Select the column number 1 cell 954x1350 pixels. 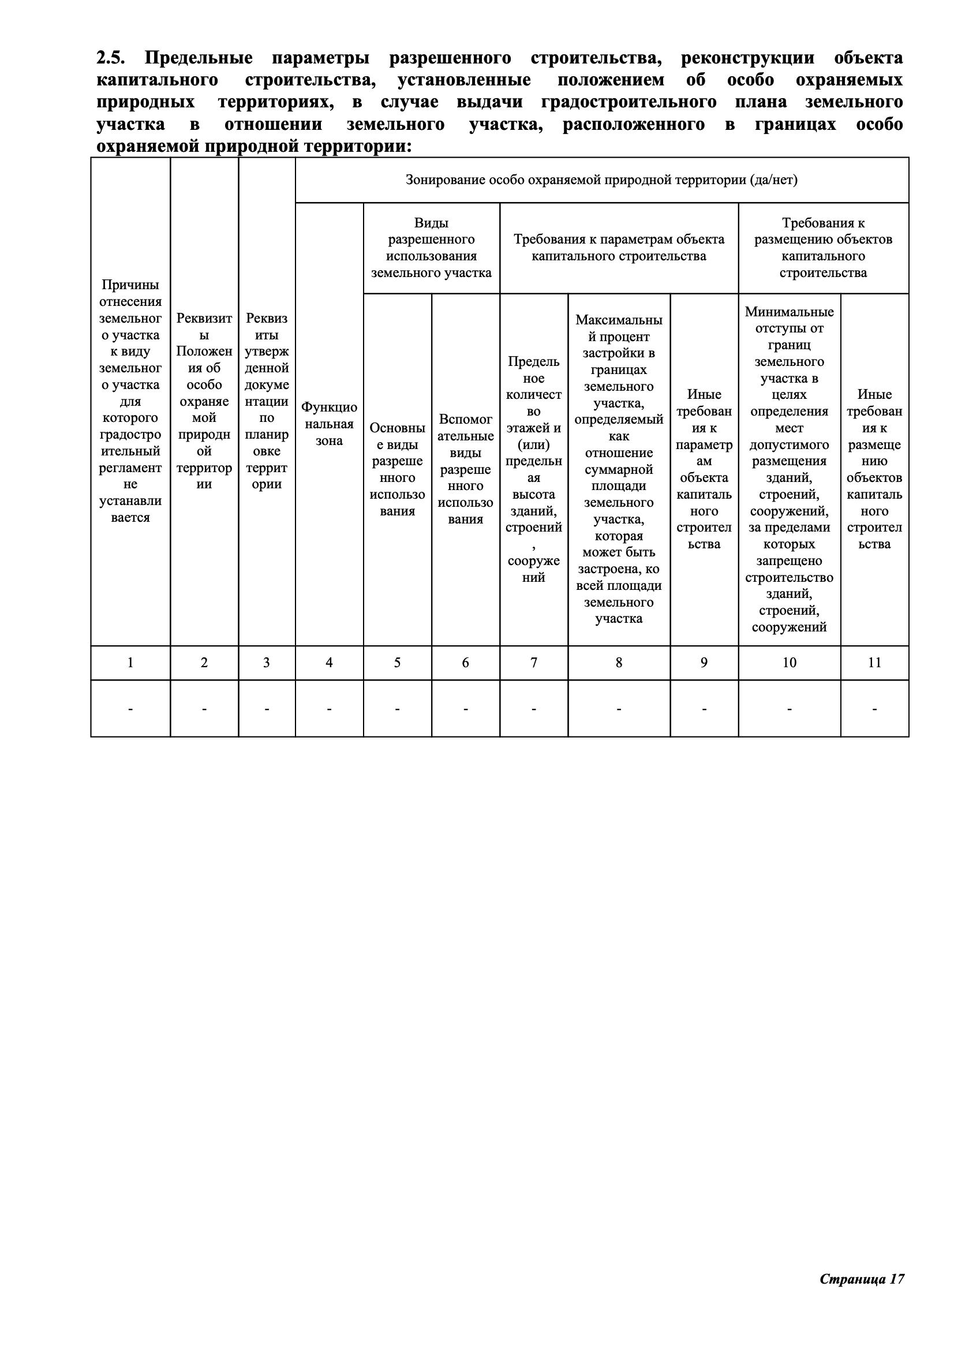[130, 663]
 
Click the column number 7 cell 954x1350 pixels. [534, 663]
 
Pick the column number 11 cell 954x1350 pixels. [875, 663]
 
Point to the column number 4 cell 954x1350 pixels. [329, 663]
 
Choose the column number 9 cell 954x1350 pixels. [704, 663]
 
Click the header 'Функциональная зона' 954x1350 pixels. [329, 424]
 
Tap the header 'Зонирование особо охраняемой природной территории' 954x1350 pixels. [601, 180]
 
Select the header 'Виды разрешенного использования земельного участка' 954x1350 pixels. [432, 248]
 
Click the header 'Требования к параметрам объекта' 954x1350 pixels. [619, 248]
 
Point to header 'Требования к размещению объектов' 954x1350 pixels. [823, 248]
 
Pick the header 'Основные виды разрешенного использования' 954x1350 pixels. [397, 469]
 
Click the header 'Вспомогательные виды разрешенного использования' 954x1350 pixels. [466, 469]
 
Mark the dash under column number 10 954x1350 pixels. [790, 709]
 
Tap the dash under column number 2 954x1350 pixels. [204, 709]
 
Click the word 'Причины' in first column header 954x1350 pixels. [130, 285]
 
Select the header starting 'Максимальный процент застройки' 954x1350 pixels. [619, 469]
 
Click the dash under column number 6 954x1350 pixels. [466, 709]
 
